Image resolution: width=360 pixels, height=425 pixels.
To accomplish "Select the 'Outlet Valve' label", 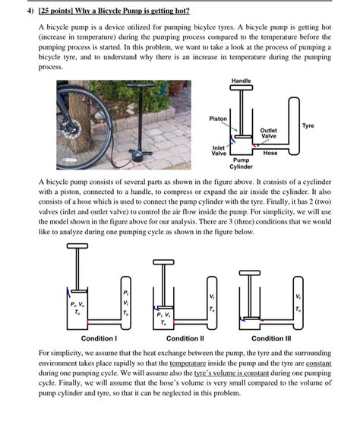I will click(x=268, y=133).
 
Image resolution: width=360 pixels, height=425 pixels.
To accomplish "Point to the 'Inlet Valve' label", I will click(x=219, y=149).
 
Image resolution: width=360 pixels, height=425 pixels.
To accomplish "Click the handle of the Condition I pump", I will click(x=79, y=246).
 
